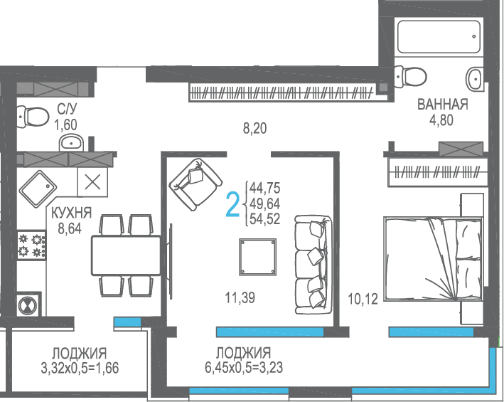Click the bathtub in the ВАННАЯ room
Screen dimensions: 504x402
coord(439,37)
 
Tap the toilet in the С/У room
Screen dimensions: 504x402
coord(33,117)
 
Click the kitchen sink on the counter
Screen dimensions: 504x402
coord(38,189)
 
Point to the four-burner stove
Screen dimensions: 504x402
coord(31,245)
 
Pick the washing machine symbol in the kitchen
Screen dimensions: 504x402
coord(28,305)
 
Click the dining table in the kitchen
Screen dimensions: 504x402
coord(127,255)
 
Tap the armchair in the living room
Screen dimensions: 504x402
coord(195,184)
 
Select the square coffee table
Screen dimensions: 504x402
coord(257,257)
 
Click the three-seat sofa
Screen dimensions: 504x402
coord(313,265)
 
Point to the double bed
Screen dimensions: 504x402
coord(433,259)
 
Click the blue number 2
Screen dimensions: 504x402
coord(233,204)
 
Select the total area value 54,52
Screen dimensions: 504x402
coord(265,219)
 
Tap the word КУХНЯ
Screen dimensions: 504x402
coord(71,213)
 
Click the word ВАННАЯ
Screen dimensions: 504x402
coord(442,105)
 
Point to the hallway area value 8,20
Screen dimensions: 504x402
coord(254,129)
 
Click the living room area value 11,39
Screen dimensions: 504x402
coord(240,298)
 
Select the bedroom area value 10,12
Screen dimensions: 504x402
coord(363,299)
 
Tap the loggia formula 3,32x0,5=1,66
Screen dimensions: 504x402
coord(80,368)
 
